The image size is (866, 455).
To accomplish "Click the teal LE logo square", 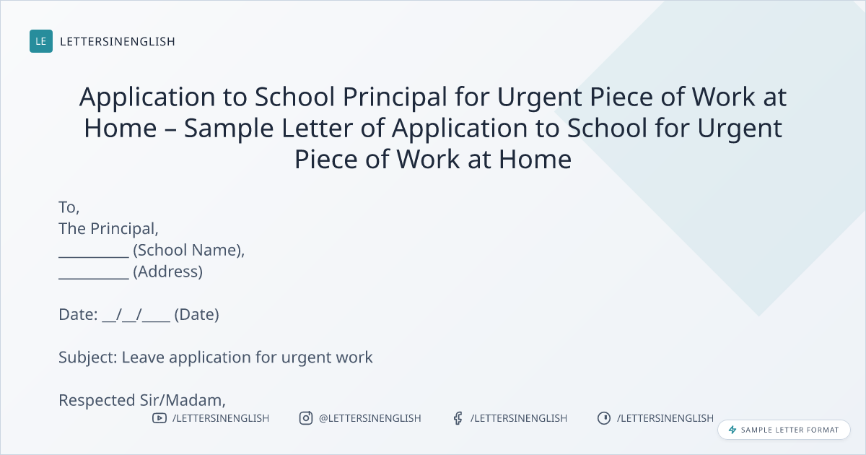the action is coord(41,41).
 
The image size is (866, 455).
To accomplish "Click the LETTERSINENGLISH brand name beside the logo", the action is coord(118,41).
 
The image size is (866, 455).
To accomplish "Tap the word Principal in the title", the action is coord(395,97).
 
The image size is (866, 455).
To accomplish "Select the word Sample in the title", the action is coord(229,129).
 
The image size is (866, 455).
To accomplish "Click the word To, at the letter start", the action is coord(69,207).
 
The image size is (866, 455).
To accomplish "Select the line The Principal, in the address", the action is coord(109,229).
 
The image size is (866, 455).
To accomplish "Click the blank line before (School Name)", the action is coord(94,257).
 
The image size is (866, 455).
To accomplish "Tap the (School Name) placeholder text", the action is coord(188,251).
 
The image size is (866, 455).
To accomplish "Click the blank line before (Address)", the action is coord(94,278).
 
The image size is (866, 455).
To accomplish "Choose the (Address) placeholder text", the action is coord(167,272).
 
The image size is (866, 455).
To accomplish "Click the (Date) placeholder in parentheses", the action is coord(197,315).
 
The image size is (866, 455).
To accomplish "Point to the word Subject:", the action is coord(88,357).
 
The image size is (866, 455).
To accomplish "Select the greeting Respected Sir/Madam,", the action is coord(142,400).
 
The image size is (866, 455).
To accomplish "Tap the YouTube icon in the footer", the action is coord(159,418).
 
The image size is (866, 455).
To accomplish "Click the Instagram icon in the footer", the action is coord(306,418).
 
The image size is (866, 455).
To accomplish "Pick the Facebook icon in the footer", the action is coord(458,418).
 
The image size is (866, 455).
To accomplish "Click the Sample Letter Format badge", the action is coord(784,430).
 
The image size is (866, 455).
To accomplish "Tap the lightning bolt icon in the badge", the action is coord(732,430).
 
